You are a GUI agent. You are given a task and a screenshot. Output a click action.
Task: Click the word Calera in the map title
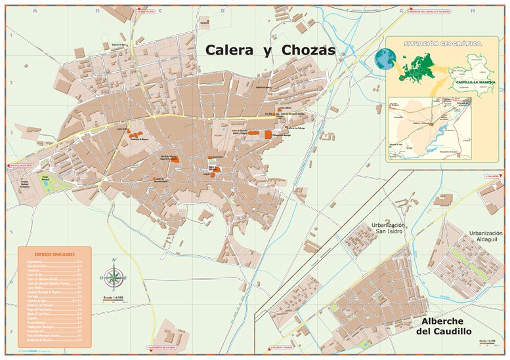(229, 50)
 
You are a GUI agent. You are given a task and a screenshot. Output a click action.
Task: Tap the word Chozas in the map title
(308, 50)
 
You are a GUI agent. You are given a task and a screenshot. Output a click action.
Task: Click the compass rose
(114, 277)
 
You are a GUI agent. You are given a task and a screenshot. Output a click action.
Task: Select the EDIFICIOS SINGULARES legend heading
(54, 254)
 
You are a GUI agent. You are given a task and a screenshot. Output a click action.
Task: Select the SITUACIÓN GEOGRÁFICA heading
(442, 43)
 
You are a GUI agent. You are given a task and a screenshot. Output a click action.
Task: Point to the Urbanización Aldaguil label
(485, 237)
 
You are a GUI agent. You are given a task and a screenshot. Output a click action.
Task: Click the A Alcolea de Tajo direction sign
(20, 165)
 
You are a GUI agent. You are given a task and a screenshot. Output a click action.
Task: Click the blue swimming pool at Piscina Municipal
(46, 184)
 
